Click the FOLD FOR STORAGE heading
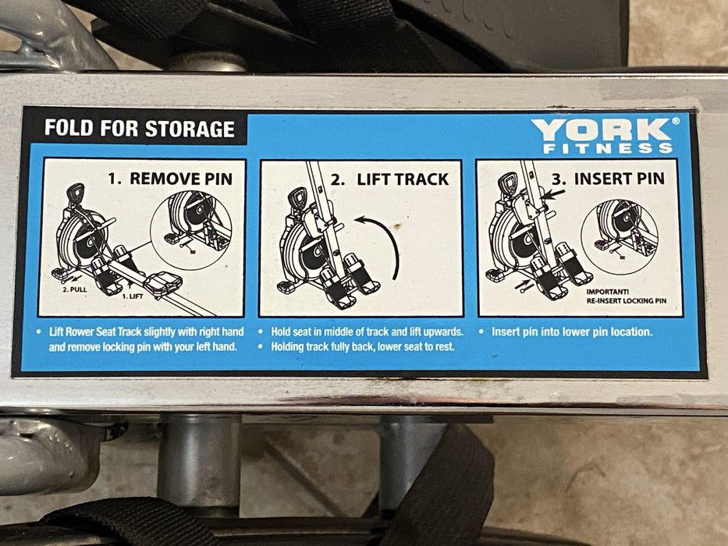pyautogui.click(x=139, y=129)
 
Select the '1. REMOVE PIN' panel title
pyautogui.click(x=170, y=179)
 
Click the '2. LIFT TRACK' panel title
pyautogui.click(x=389, y=179)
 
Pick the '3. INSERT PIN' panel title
pyautogui.click(x=607, y=179)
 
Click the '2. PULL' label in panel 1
pyautogui.click(x=75, y=289)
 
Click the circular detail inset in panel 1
pyautogui.click(x=191, y=230)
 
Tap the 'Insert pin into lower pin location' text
pyautogui.click(x=571, y=331)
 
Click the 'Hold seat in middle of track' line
pyautogui.click(x=367, y=331)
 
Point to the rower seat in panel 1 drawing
pyautogui.click(x=162, y=282)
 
